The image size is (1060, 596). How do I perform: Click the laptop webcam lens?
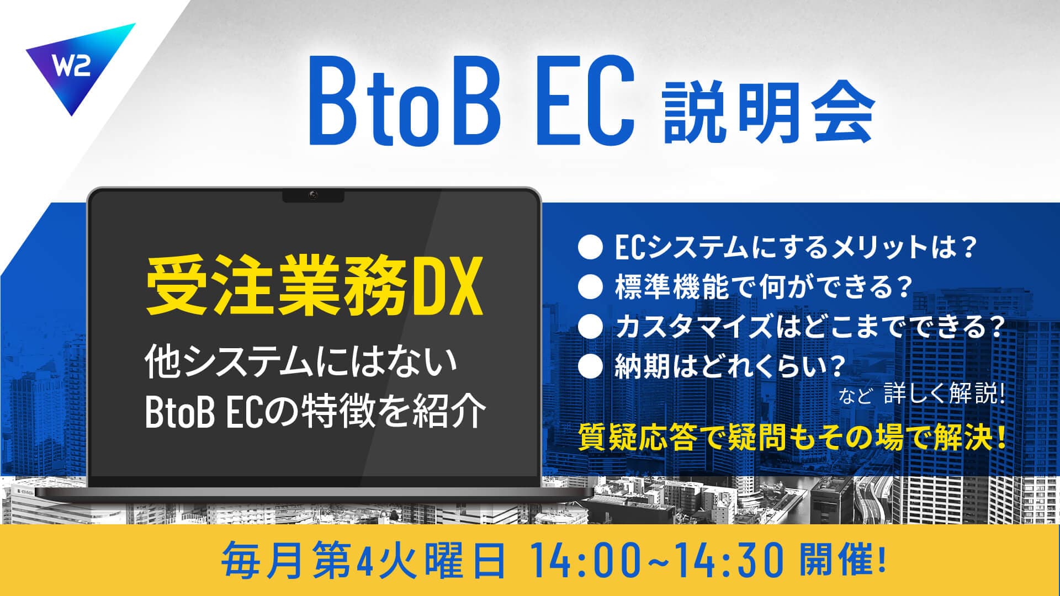(313, 195)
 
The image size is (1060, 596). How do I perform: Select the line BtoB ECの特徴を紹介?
(315, 411)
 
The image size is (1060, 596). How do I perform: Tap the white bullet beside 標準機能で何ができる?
(589, 288)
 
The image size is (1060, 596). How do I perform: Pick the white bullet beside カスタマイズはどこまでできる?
(589, 328)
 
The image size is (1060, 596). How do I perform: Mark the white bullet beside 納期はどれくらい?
(589, 368)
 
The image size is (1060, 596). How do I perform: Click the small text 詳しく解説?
(944, 395)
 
